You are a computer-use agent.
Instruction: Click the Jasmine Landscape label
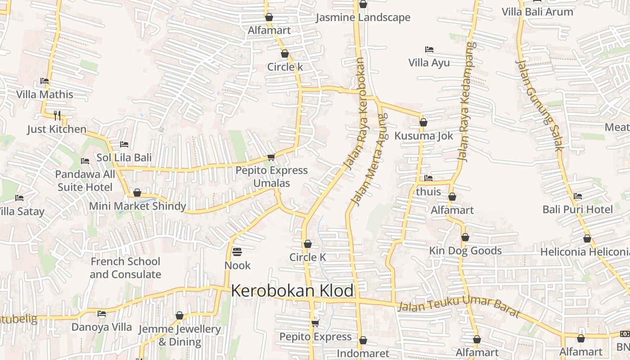click(363, 18)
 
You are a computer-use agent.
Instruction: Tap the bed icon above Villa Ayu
click(429, 49)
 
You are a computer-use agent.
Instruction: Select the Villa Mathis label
click(45, 94)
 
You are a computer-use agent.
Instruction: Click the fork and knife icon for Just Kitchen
click(57, 116)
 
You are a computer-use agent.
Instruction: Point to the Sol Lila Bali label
click(124, 158)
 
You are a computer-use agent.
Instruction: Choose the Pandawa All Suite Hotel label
click(85, 180)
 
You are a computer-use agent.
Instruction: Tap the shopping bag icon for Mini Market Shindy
click(137, 193)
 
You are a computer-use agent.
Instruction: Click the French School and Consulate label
click(125, 268)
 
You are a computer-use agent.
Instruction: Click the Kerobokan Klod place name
click(292, 291)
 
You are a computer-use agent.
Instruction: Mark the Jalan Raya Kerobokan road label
click(355, 113)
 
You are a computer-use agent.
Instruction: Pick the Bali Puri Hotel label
click(577, 209)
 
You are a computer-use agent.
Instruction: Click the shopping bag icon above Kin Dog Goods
click(465, 237)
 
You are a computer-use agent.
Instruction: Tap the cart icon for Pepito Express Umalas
click(271, 157)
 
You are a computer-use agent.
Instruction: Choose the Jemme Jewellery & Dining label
click(180, 335)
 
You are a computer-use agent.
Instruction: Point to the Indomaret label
click(363, 353)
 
